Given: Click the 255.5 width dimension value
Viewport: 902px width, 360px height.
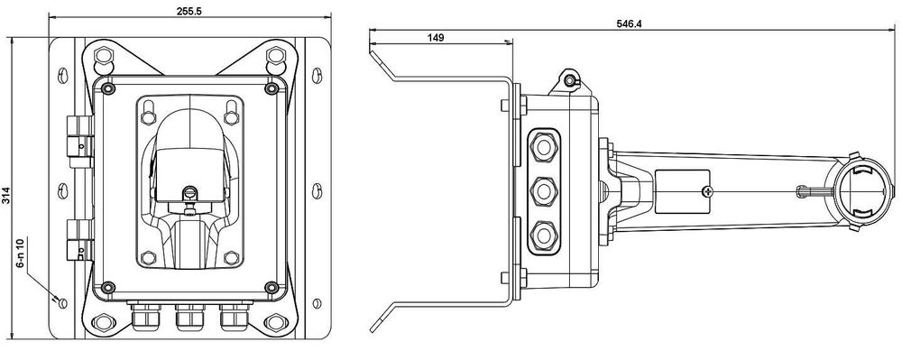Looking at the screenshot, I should point(193,9).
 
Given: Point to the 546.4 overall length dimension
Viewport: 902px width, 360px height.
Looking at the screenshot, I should point(626,24).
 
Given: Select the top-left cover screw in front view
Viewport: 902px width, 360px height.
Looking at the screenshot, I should point(108,89).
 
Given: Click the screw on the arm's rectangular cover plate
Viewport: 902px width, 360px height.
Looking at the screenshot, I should point(706,190).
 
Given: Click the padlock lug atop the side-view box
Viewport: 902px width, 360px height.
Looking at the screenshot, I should point(569,81).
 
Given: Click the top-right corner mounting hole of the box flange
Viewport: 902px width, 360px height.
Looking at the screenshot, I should point(276,59).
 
